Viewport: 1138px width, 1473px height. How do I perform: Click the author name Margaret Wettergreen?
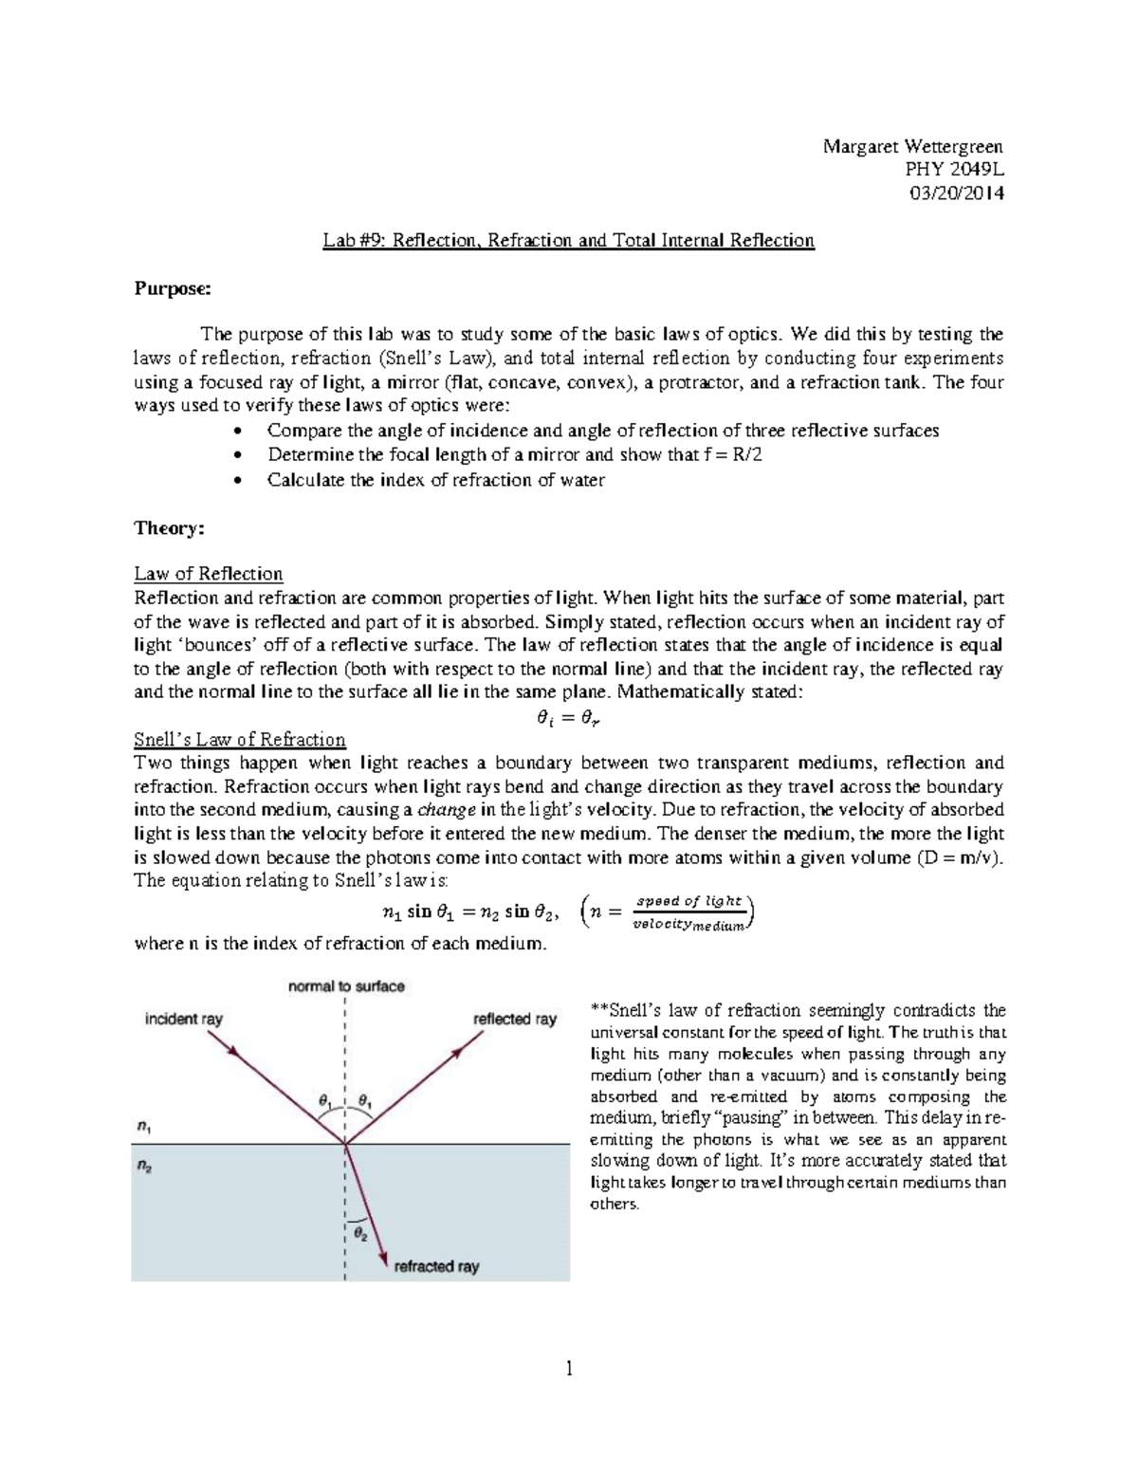click(x=912, y=146)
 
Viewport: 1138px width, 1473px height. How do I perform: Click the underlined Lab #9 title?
click(x=568, y=240)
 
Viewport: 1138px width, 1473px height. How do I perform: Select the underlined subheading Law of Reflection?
click(x=209, y=574)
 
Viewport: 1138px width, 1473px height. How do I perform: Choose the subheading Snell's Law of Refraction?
click(x=240, y=739)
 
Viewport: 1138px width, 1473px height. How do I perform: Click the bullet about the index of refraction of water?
click(x=435, y=480)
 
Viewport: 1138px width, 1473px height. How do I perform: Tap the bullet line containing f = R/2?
click(x=515, y=455)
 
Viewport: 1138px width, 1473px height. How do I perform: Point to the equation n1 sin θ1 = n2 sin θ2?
click(x=463, y=912)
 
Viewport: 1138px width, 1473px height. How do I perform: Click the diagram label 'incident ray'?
click(x=183, y=1019)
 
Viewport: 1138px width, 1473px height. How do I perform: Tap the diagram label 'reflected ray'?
click(x=515, y=1019)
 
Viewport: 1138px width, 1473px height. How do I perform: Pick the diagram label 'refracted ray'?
click(x=436, y=1266)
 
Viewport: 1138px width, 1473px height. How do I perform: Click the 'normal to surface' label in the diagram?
click(x=346, y=986)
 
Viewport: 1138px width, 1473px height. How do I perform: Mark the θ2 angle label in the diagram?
click(x=361, y=1233)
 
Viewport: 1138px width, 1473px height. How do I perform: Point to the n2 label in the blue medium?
click(x=143, y=1168)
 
